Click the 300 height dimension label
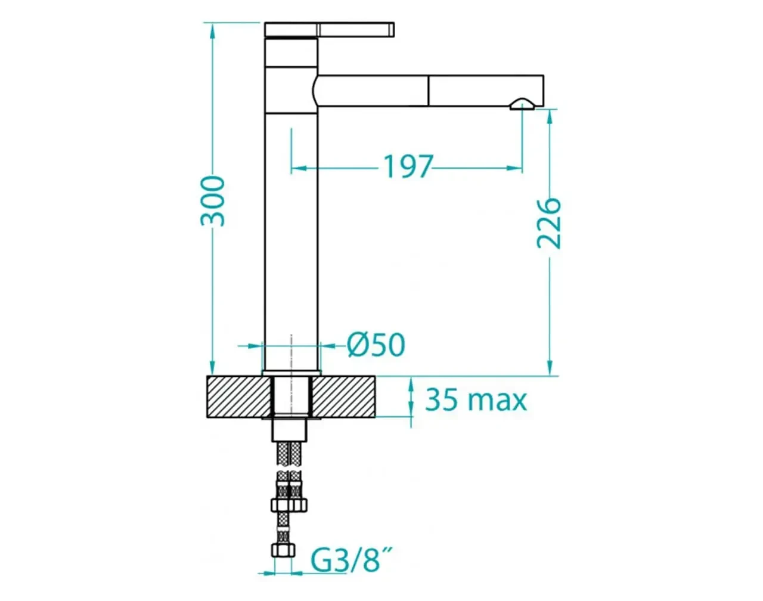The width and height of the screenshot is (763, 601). (x=212, y=201)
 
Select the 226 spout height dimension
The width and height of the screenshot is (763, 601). (x=548, y=224)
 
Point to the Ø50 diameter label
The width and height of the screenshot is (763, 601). (x=376, y=345)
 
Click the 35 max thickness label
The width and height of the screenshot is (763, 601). (x=476, y=400)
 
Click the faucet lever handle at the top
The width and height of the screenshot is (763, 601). (x=330, y=29)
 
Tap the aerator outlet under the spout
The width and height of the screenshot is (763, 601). (x=522, y=105)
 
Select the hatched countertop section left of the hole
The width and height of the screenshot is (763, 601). (x=239, y=396)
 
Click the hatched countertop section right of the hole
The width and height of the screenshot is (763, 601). (x=343, y=396)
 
